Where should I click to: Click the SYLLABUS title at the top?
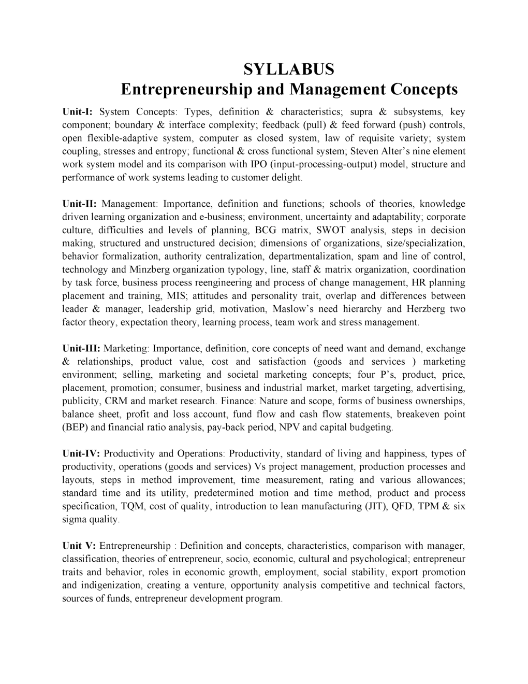click(x=289, y=69)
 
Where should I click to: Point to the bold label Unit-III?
click(x=81, y=348)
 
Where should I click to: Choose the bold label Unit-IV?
click(x=81, y=454)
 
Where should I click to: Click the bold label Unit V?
click(x=79, y=546)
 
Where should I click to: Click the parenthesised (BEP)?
click(x=76, y=427)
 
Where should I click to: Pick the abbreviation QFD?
click(x=399, y=506)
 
